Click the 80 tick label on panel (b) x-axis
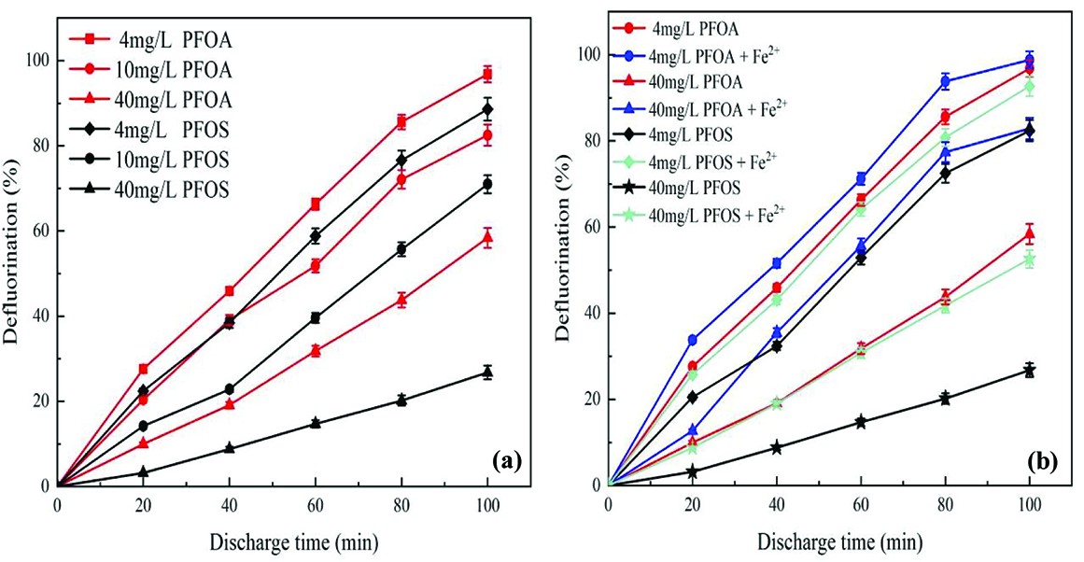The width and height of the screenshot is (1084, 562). (x=945, y=505)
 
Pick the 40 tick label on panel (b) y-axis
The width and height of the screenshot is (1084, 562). (x=591, y=314)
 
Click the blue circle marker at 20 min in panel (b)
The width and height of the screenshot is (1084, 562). (x=692, y=341)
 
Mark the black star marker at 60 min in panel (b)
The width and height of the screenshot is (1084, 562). (x=860, y=422)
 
